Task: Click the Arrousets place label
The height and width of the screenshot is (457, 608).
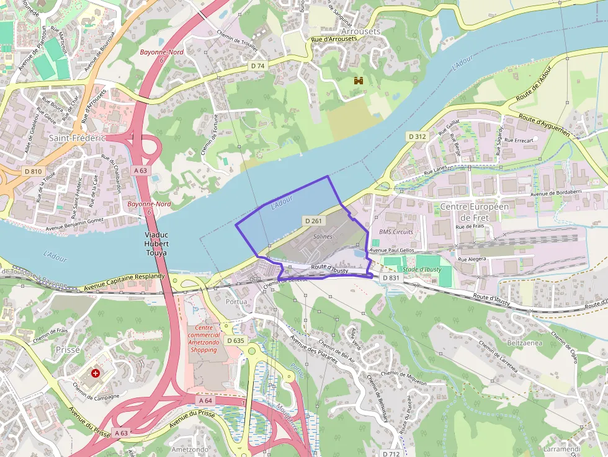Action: pyautogui.click(x=360, y=30)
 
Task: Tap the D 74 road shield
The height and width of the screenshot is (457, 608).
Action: pyautogui.click(x=258, y=66)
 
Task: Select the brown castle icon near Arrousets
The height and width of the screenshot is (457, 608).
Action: pyautogui.click(x=358, y=81)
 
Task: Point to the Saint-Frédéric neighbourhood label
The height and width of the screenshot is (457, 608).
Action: pyautogui.click(x=77, y=138)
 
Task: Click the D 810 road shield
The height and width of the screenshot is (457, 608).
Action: pyautogui.click(x=33, y=171)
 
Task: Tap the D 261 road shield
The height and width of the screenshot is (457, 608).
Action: pyautogui.click(x=314, y=221)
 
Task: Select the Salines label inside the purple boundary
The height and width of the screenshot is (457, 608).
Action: pyautogui.click(x=322, y=236)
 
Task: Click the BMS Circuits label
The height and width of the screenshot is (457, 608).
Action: pyautogui.click(x=396, y=232)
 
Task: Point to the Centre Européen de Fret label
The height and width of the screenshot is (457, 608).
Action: pyautogui.click(x=475, y=212)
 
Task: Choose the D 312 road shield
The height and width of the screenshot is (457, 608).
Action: pyautogui.click(x=418, y=136)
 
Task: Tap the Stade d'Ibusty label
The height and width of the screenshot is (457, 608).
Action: pyautogui.click(x=422, y=269)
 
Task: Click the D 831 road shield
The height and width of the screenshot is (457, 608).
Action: pyautogui.click(x=391, y=278)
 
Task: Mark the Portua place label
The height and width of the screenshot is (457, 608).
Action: pyautogui.click(x=237, y=301)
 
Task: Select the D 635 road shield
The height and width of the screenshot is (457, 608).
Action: pyautogui.click(x=236, y=340)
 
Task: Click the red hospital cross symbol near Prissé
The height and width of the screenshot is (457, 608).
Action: pyautogui.click(x=96, y=373)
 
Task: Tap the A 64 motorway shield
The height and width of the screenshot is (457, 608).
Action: pyautogui.click(x=207, y=401)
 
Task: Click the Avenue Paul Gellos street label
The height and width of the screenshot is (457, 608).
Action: pyautogui.click(x=391, y=250)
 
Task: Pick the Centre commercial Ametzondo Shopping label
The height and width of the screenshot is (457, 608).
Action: pyautogui.click(x=203, y=339)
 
